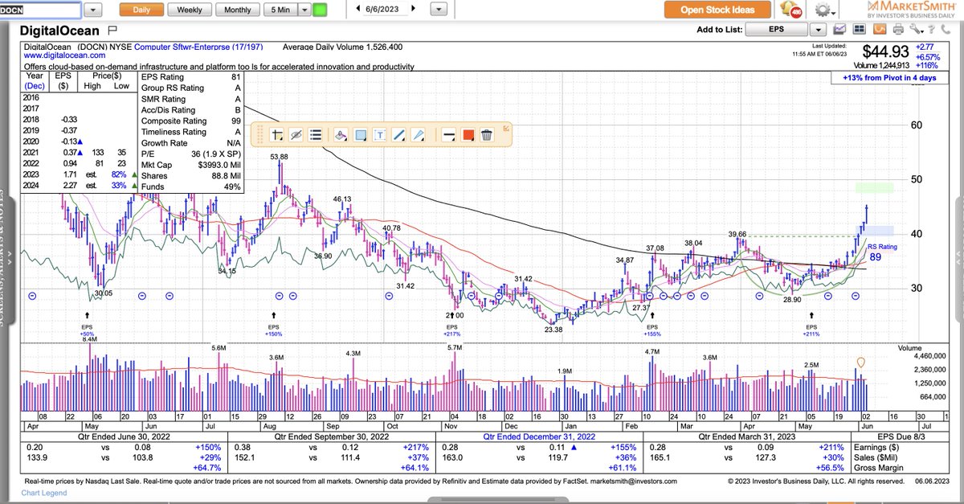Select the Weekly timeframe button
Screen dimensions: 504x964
click(190, 10)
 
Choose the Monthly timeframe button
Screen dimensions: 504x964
click(237, 10)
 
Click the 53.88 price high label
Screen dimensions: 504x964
click(279, 157)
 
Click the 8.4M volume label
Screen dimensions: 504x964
click(90, 340)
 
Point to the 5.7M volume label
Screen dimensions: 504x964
click(455, 347)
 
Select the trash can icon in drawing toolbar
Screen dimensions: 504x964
click(486, 134)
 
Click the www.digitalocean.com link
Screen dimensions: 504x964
click(65, 55)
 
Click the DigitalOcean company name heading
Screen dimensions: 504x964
click(61, 31)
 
